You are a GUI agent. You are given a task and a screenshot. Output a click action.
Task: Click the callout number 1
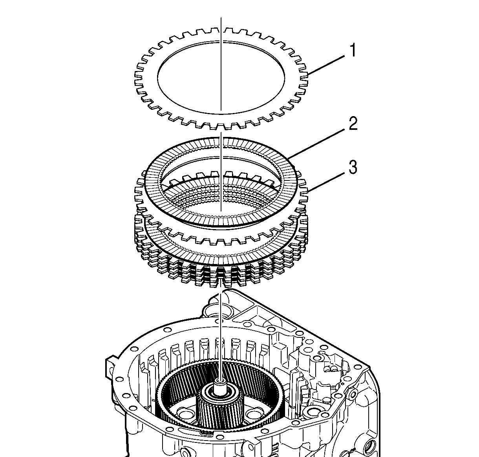(x=353, y=51)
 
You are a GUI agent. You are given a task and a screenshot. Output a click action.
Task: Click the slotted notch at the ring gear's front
(x=207, y=433)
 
